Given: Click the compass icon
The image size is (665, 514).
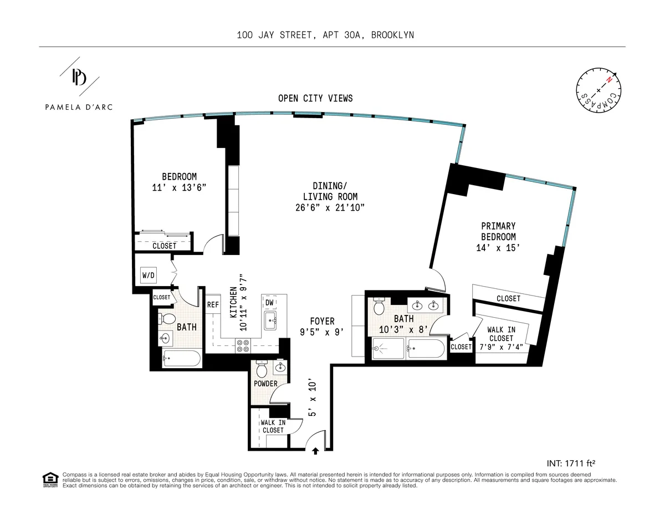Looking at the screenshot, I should pyautogui.click(x=598, y=91).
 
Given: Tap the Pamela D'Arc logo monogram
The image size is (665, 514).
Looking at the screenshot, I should pyautogui.click(x=80, y=78).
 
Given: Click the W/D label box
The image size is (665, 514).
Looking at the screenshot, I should pyautogui.click(x=149, y=274).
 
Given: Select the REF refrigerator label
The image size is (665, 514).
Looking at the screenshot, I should pyautogui.click(x=213, y=304).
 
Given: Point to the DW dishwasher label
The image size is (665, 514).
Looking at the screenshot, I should pyautogui.click(x=270, y=302).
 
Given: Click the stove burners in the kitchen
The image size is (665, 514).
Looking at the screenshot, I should pyautogui.click(x=242, y=347).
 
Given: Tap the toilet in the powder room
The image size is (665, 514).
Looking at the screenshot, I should pyautogui.click(x=261, y=368).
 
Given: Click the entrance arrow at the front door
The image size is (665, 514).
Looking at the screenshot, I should pyautogui.click(x=315, y=451).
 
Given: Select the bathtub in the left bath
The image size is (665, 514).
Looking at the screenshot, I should pyautogui.click(x=182, y=359).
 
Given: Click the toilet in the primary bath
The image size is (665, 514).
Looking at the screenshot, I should pyautogui.click(x=380, y=306).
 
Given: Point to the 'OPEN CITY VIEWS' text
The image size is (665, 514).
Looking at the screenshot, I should pyautogui.click(x=315, y=98).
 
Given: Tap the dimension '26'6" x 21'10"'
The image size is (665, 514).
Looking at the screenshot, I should pyautogui.click(x=330, y=208).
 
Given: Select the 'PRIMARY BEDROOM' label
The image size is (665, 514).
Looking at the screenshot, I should pyautogui.click(x=498, y=231).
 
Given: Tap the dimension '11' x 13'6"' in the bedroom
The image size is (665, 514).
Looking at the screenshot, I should pyautogui.click(x=179, y=187).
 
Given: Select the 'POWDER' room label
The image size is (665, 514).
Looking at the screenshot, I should pyautogui.click(x=265, y=384).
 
